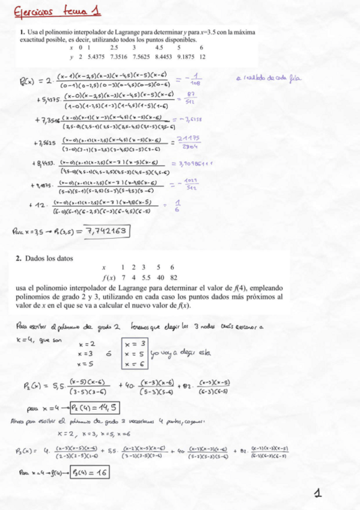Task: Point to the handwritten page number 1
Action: point(319,493)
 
